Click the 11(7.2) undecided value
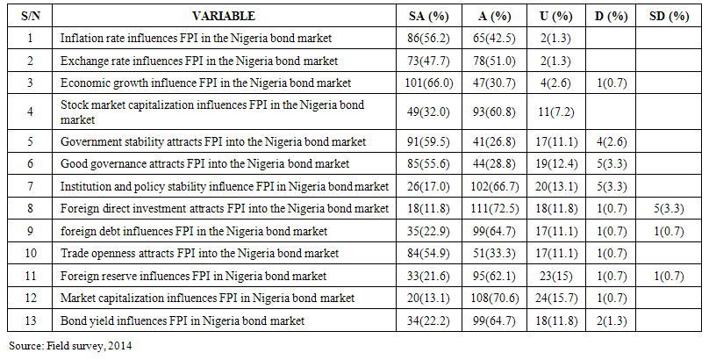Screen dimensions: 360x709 pyautogui.click(x=555, y=112)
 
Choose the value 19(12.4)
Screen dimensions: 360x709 pyautogui.click(x=555, y=163)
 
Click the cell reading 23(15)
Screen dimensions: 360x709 pyautogui.click(x=555, y=277)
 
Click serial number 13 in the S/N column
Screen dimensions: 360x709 pyautogui.click(x=30, y=321)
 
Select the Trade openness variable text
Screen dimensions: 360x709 pyautogui.click(x=199, y=254)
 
